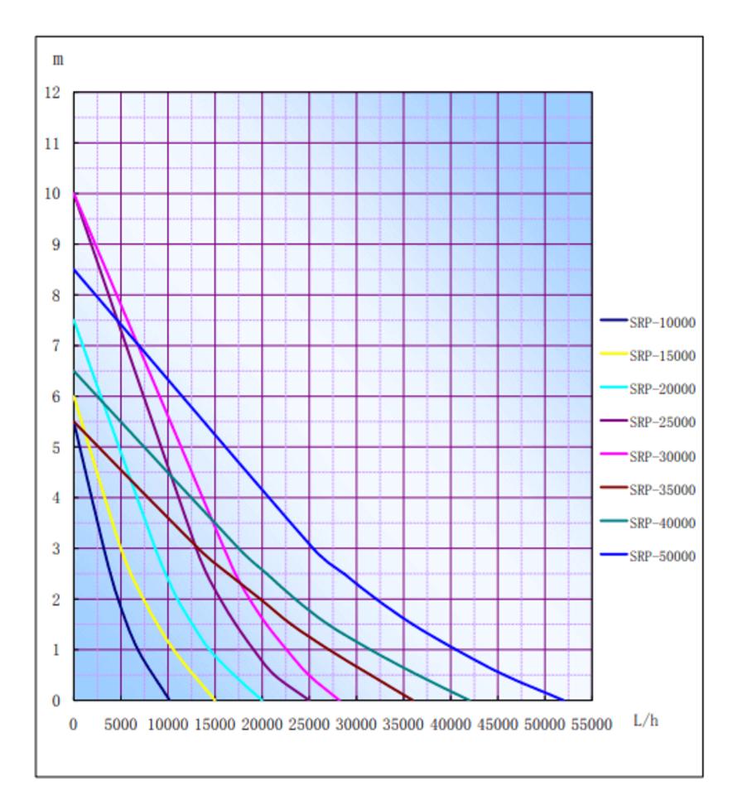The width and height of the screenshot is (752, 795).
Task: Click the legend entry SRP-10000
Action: click(662, 322)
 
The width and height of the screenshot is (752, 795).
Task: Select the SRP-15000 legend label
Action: click(662, 356)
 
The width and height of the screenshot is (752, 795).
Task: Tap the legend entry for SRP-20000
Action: click(662, 389)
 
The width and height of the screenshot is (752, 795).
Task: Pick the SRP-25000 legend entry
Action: click(662, 422)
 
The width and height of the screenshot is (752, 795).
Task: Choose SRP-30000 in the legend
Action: click(662, 456)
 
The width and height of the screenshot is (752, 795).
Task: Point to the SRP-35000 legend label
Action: click(662, 489)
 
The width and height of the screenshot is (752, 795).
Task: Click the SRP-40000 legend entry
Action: click(662, 523)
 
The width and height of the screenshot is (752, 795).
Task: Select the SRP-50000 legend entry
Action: click(662, 556)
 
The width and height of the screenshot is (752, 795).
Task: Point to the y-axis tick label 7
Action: click(55, 346)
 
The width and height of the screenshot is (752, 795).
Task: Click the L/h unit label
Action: click(646, 720)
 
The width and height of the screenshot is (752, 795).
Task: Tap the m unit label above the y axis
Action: click(57, 60)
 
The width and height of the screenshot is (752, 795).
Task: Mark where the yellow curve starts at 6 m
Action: click(74, 397)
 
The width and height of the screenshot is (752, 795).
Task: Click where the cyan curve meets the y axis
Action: click(74, 320)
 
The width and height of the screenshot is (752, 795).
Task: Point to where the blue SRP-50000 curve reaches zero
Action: click(563, 700)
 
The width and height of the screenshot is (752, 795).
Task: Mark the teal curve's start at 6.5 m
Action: click(74, 371)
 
